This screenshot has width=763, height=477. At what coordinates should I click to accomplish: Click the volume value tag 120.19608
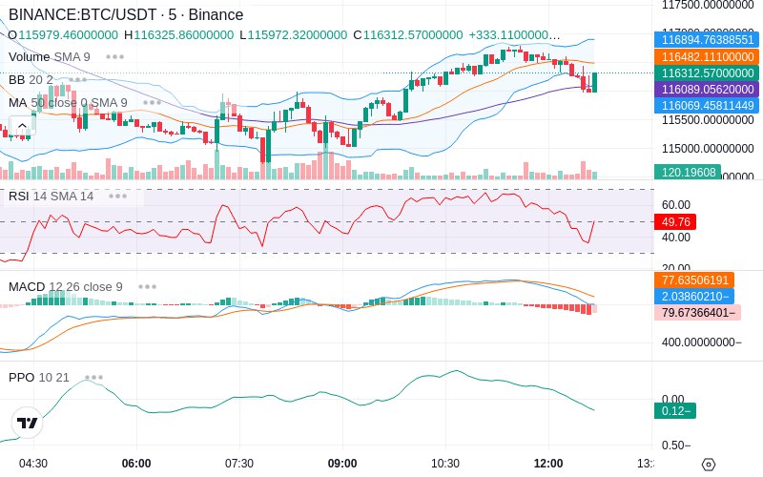(687, 172)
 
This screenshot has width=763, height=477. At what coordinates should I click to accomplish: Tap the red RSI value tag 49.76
(675, 221)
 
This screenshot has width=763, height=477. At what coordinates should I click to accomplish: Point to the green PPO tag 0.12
(674, 410)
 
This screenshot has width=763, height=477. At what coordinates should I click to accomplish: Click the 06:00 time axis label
(136, 463)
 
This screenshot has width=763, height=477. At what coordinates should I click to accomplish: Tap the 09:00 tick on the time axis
(342, 463)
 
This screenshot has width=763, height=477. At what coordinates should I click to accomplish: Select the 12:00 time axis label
(548, 463)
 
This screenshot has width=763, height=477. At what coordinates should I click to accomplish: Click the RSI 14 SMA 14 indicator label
(52, 196)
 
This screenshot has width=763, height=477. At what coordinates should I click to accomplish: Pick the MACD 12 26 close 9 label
(66, 286)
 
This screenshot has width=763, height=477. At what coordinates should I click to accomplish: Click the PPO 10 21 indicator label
(39, 377)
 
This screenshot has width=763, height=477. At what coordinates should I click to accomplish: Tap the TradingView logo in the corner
(28, 423)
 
